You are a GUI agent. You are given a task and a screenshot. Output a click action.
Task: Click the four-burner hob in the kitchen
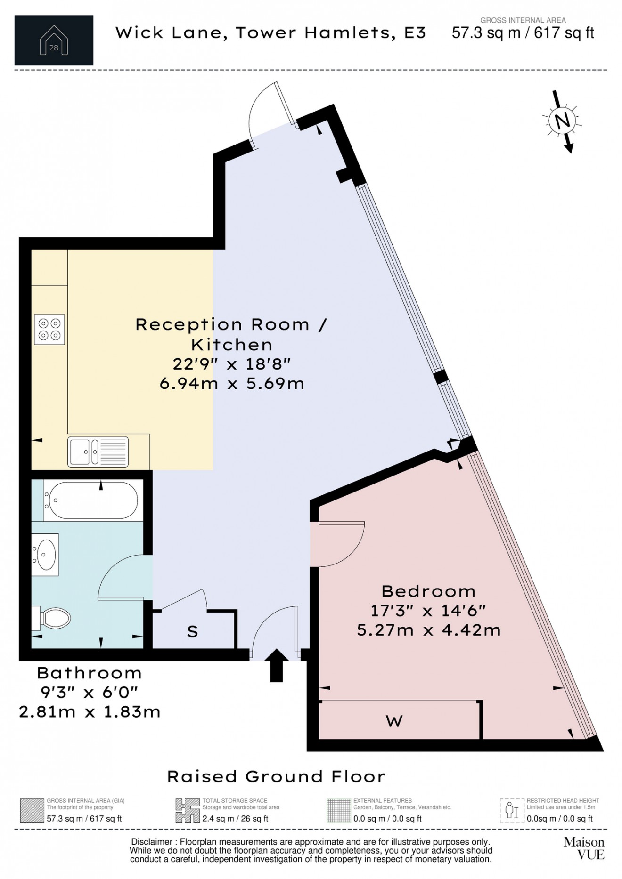(49, 330)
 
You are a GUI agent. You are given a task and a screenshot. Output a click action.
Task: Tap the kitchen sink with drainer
(98, 452)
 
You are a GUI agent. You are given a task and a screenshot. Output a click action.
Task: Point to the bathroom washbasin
(45, 555)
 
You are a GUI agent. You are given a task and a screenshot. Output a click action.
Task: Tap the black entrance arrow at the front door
(277, 666)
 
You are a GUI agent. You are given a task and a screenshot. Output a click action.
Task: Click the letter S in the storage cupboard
(192, 632)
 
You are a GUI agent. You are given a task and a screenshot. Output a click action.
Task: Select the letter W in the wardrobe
(394, 721)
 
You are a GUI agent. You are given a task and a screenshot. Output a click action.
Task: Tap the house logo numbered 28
(54, 40)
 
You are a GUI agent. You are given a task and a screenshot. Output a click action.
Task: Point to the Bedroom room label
(428, 591)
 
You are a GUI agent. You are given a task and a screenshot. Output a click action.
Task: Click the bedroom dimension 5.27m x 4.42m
(428, 630)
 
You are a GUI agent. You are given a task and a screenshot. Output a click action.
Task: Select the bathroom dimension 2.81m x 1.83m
(90, 712)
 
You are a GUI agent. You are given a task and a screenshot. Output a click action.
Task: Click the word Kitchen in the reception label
(232, 345)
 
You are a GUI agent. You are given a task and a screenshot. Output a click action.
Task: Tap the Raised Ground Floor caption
(277, 776)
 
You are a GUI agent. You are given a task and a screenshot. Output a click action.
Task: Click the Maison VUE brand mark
(584, 848)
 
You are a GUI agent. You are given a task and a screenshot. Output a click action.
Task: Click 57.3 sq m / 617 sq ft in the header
(523, 33)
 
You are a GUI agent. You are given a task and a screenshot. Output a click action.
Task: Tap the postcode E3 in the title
(415, 33)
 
